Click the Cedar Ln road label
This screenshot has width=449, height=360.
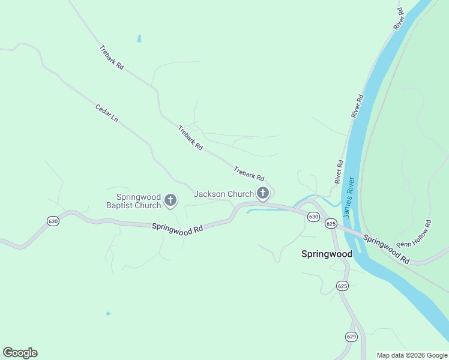tap(106, 113)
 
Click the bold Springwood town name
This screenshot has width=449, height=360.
tap(327, 254)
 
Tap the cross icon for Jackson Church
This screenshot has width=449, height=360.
tap(262, 193)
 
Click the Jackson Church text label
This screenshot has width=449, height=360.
tap(224, 194)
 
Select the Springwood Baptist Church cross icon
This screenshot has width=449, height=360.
tap(170, 200)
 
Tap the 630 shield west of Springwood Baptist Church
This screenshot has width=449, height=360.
tap(53, 221)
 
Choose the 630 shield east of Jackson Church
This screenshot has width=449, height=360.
tap(313, 216)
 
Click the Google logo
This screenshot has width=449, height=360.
tap(20, 353)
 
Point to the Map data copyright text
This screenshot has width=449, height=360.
tap(411, 355)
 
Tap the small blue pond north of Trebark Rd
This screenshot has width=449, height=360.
tap(139, 38)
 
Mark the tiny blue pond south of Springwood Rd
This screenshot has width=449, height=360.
tap(108, 313)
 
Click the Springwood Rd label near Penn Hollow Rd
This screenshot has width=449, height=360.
tap(387, 250)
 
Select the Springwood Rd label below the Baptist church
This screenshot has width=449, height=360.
tap(178, 227)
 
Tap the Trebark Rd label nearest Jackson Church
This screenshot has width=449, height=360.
tap(249, 173)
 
